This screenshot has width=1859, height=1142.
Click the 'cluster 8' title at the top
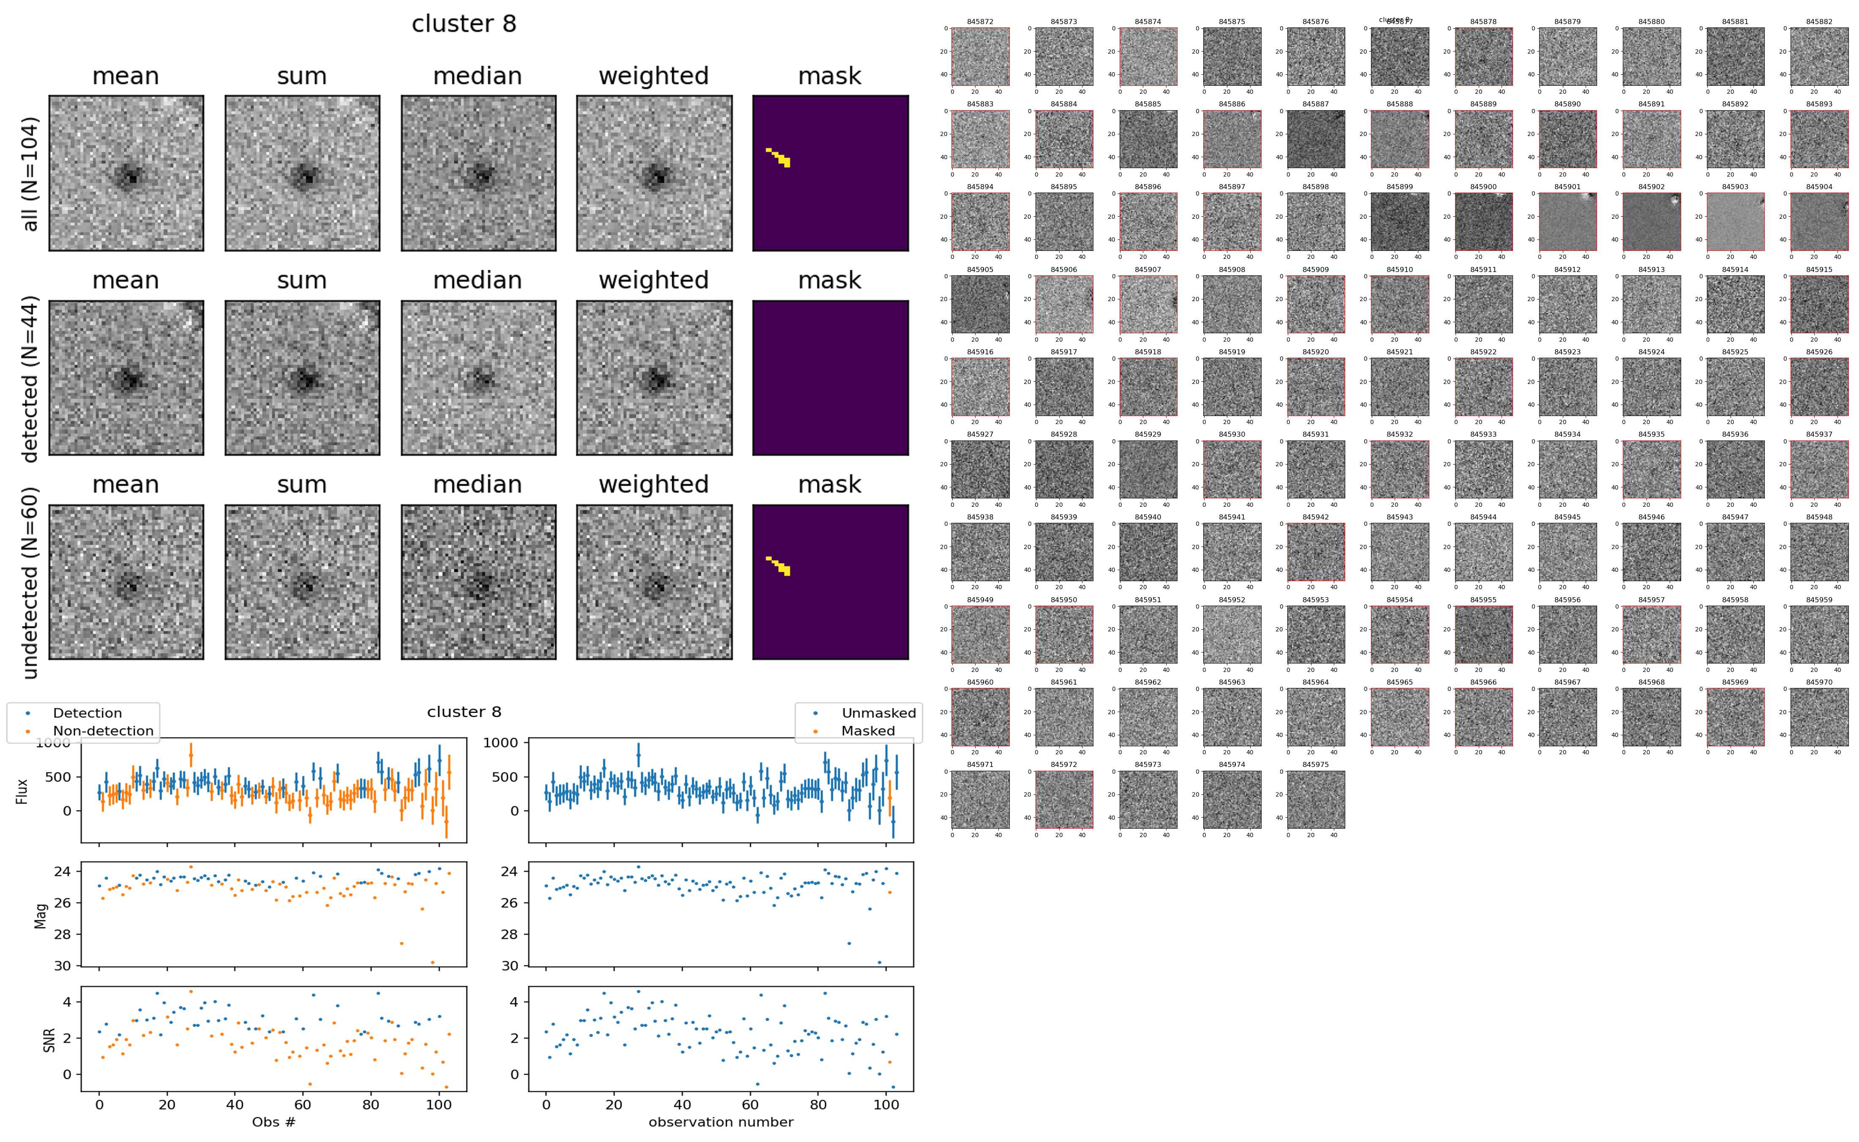click(464, 24)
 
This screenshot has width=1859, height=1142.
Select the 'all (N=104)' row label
click(30, 174)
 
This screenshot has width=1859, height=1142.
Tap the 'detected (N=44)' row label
click(30, 379)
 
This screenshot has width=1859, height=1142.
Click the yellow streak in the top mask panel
click(779, 157)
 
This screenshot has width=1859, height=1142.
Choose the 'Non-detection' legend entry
click(103, 731)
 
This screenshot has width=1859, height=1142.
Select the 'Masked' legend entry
click(868, 731)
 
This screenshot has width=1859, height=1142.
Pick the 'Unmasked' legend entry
click(878, 713)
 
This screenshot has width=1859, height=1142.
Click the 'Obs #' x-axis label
click(273, 1122)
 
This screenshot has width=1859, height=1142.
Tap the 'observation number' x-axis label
click(721, 1122)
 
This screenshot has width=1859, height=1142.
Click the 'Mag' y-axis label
click(41, 915)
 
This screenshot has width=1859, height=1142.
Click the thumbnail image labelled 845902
click(1651, 221)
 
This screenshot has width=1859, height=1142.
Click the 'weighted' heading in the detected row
click(654, 280)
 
